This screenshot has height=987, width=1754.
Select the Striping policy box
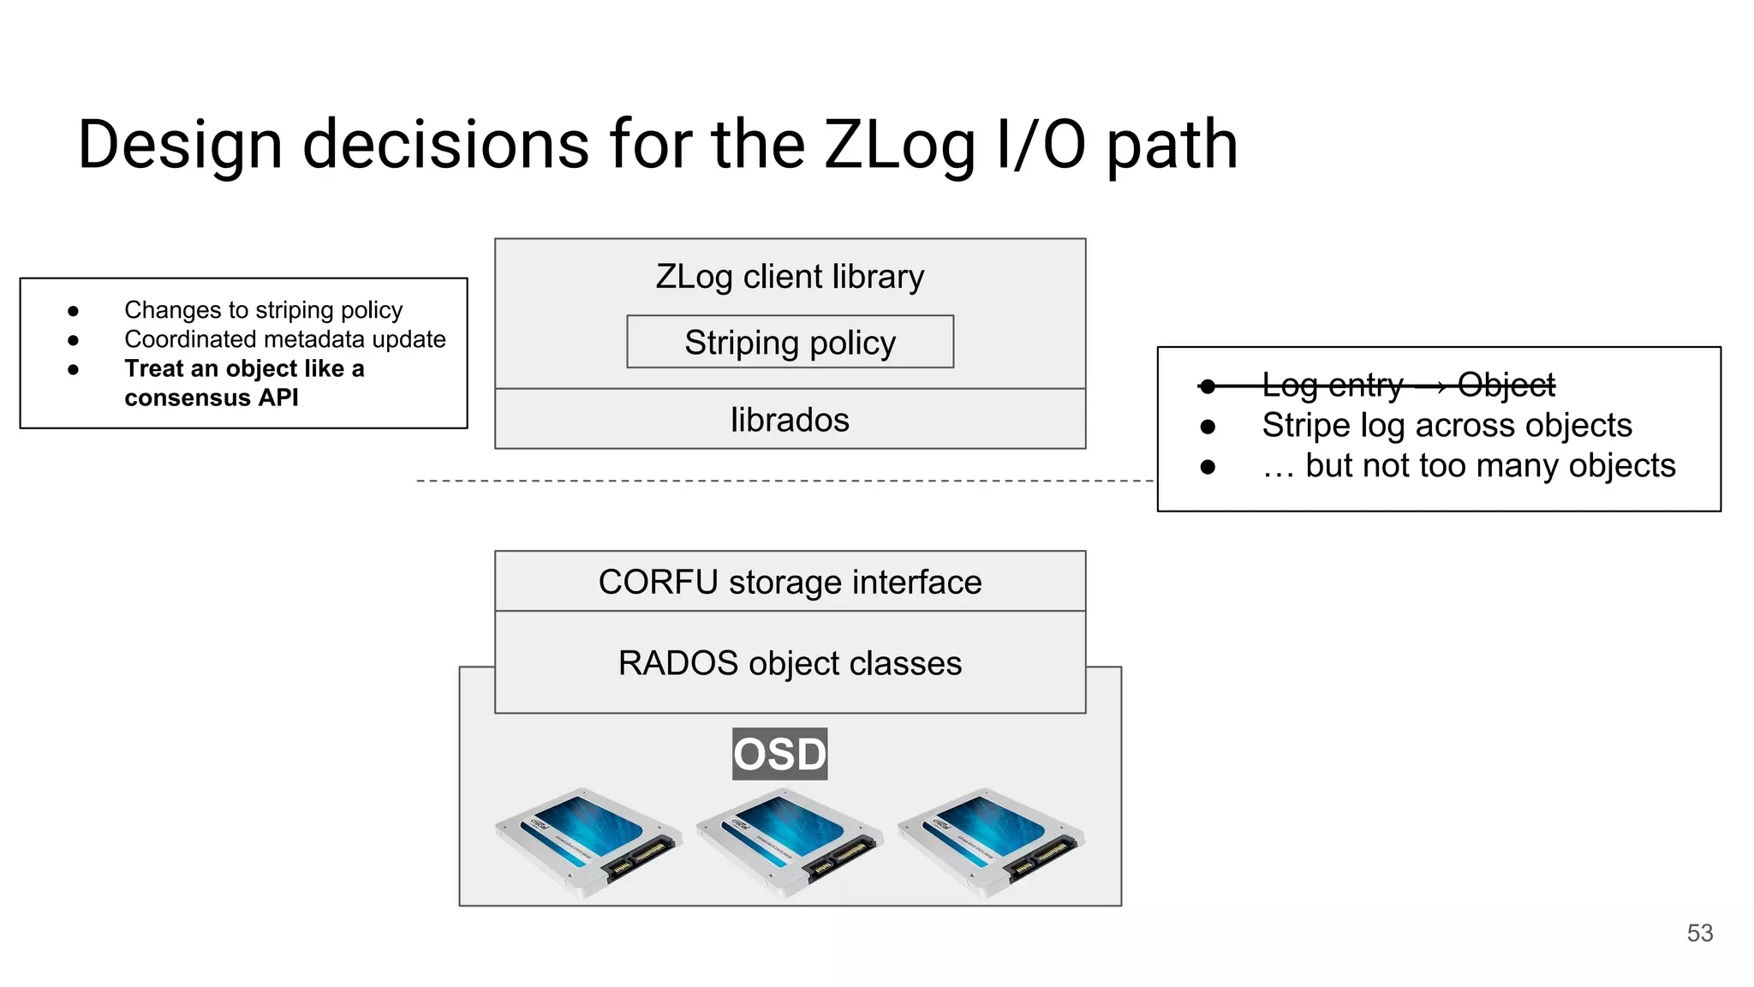[x=790, y=343]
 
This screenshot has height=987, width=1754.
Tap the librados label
[x=790, y=420]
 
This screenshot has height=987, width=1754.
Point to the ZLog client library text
[x=790, y=277]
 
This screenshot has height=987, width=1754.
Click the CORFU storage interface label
[x=790, y=583]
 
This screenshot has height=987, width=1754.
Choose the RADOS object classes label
[x=790, y=664]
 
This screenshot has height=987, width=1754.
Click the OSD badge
[x=779, y=754]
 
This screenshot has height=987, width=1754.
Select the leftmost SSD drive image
[x=589, y=841]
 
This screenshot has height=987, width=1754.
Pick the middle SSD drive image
[x=790, y=841]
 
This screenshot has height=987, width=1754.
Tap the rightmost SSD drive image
[x=991, y=841]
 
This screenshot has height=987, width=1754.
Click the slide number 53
[x=1699, y=933]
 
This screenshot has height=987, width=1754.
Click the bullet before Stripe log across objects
[x=1208, y=427]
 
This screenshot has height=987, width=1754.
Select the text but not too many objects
[x=1469, y=466]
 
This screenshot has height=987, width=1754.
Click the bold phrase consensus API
[x=212, y=398]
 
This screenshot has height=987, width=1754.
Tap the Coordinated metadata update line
[x=284, y=339]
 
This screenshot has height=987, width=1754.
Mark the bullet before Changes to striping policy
[x=74, y=311]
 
